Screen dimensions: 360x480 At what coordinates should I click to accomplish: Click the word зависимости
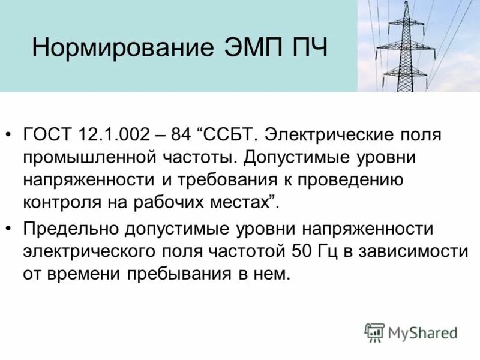click(413, 251)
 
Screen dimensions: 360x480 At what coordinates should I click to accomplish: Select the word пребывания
click(172, 274)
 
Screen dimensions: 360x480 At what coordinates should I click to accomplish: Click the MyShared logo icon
click(374, 331)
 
